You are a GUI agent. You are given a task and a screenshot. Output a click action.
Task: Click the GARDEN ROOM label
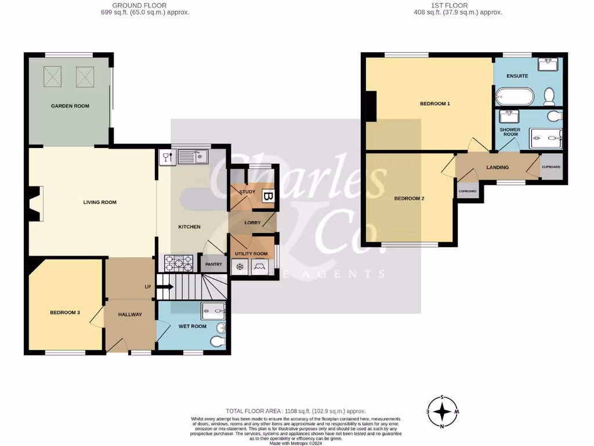70,106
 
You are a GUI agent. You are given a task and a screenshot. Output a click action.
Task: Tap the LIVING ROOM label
100,203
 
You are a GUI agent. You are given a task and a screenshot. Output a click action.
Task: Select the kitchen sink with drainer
193,156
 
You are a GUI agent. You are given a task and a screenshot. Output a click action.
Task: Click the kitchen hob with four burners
179,264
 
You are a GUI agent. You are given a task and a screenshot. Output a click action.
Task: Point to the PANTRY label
213,264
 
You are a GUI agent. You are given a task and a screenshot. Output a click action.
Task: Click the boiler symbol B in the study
267,197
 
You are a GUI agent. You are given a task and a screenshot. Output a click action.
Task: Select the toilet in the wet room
218,340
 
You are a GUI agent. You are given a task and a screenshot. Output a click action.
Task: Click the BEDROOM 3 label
64,312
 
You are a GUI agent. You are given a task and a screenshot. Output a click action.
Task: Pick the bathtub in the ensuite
514,96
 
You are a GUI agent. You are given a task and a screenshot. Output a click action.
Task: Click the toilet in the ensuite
550,95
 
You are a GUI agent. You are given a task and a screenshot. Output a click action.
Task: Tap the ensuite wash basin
548,64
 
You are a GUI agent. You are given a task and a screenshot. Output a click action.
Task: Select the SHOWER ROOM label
510,132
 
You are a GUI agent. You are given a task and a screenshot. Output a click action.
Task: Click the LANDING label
497,167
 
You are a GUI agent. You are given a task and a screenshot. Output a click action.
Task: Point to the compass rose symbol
443,411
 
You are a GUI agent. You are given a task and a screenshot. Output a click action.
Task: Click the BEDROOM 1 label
435,103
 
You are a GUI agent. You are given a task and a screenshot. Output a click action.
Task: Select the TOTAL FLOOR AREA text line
296,411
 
